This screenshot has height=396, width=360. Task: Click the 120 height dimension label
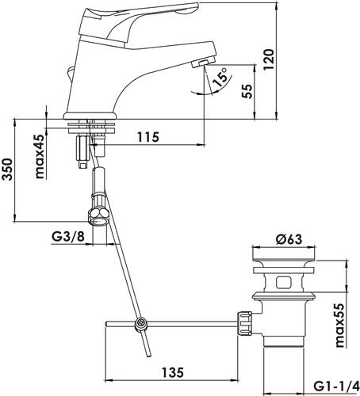click(x=270, y=59)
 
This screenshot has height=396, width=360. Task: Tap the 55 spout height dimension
click(x=247, y=91)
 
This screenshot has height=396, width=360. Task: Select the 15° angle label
click(x=220, y=77)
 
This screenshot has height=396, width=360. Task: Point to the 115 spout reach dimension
click(x=148, y=137)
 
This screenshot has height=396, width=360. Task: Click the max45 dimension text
click(x=40, y=156)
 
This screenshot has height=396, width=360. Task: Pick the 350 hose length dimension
click(x=7, y=169)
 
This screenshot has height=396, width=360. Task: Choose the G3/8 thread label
click(x=68, y=237)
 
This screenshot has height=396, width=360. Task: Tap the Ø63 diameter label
click(x=289, y=239)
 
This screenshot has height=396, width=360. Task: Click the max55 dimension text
click(x=339, y=325)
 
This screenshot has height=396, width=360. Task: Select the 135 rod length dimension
click(x=173, y=372)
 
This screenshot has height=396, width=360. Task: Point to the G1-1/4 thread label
click(x=335, y=386)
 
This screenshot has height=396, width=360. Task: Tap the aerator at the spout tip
click(x=200, y=63)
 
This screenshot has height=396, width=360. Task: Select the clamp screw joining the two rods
click(x=140, y=324)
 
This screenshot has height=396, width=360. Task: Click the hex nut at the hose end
click(x=98, y=216)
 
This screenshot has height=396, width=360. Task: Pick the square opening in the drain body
click(x=283, y=282)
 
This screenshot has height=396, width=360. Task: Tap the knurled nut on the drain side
click(x=244, y=323)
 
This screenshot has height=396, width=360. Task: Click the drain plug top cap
click(x=284, y=254)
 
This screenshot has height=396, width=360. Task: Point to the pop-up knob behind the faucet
click(x=70, y=74)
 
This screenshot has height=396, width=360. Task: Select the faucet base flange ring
click(x=90, y=116)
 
